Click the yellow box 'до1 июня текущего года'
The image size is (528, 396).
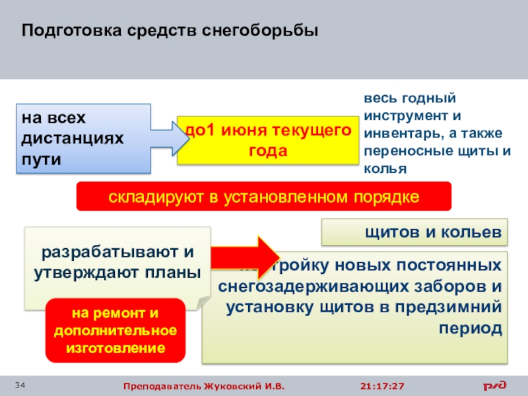coord(268,140)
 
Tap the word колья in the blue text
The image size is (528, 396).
coord(383,170)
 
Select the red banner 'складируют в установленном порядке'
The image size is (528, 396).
coord(264,197)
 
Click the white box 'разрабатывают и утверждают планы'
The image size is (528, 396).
coord(118,263)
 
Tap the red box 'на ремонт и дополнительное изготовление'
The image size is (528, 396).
coord(115,329)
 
